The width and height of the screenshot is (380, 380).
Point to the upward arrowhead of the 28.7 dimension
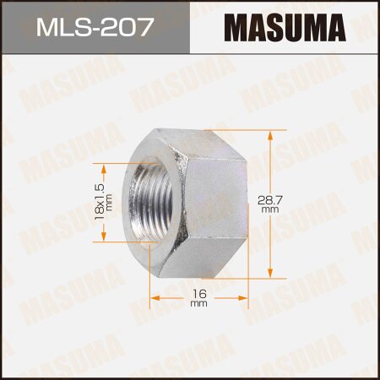click(269, 133)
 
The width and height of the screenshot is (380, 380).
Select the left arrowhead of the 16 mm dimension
click(154, 297)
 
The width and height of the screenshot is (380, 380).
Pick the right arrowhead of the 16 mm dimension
click(246, 297)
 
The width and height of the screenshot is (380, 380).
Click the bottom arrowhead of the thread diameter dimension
click(107, 237)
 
